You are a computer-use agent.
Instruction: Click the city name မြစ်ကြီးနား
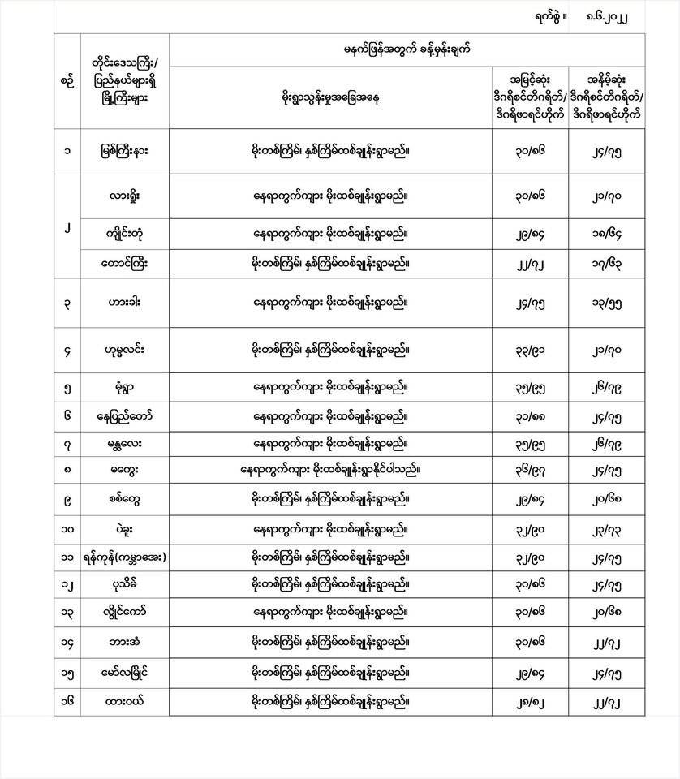(x=125, y=150)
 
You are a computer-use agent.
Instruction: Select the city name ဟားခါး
(x=125, y=303)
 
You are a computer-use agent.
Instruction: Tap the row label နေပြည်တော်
(x=125, y=416)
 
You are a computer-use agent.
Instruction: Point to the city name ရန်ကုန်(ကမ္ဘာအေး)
(x=125, y=557)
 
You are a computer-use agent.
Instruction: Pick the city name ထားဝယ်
(x=125, y=699)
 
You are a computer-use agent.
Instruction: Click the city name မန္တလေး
(x=125, y=444)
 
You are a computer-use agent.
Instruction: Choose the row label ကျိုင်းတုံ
(x=125, y=235)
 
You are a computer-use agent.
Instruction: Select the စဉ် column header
(x=67, y=80)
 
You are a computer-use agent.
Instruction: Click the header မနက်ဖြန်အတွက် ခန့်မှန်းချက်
(x=407, y=49)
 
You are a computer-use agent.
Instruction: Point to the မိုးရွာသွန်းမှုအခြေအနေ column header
(x=331, y=97)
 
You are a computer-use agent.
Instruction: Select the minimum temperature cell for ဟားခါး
(x=618, y=303)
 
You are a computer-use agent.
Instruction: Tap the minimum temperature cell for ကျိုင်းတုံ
(x=618, y=235)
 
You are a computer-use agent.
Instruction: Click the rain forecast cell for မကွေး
(x=331, y=470)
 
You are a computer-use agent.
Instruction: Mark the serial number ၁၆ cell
(x=67, y=699)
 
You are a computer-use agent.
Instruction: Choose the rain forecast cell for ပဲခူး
(x=331, y=529)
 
